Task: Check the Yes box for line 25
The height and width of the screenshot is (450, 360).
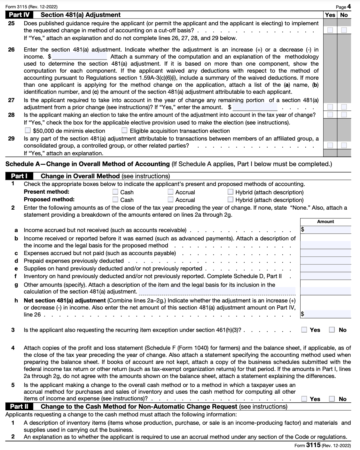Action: [330, 30]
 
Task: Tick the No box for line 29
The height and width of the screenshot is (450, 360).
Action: [344, 145]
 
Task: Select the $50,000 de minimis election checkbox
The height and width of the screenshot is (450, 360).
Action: [28, 131]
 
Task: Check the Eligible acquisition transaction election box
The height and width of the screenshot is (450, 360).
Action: [125, 131]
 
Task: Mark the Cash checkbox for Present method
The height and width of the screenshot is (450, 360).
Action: [115, 192]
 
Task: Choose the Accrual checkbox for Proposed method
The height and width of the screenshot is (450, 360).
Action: [171, 200]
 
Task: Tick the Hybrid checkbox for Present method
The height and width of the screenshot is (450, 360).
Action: [230, 192]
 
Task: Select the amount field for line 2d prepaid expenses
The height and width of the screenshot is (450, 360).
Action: [325, 261]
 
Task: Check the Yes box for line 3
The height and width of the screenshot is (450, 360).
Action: [305, 330]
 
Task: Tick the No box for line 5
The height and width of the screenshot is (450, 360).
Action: [332, 399]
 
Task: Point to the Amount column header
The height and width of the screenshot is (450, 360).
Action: [325, 221]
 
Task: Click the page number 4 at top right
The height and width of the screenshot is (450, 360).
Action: [349, 7]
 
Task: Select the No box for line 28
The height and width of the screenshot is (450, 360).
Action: [344, 115]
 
